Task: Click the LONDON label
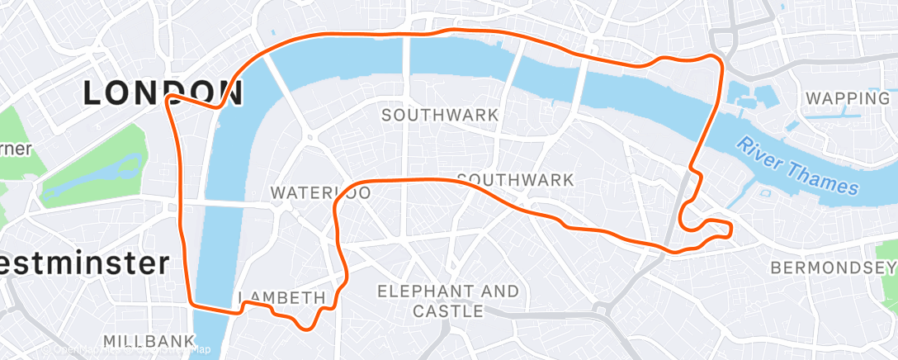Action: (x=163, y=93)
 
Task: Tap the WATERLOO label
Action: (x=320, y=193)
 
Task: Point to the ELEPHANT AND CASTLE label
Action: (x=448, y=301)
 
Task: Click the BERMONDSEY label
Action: (x=832, y=268)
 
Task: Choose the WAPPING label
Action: (x=848, y=98)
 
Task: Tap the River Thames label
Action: (x=798, y=167)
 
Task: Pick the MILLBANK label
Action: (x=149, y=341)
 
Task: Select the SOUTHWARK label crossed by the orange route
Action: (x=515, y=179)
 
